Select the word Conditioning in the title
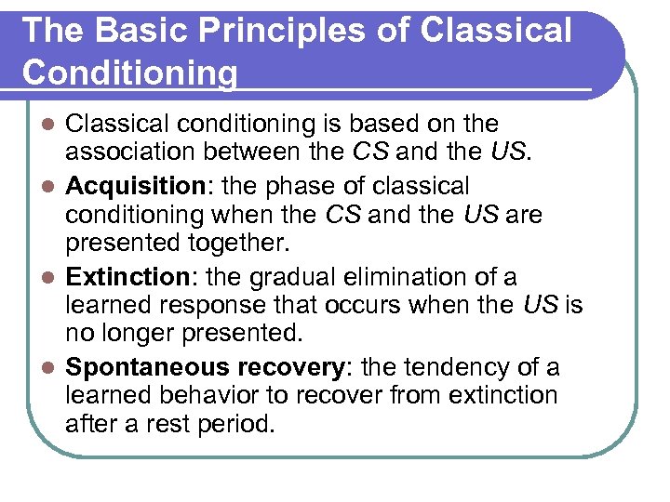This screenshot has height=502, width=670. tap(130, 72)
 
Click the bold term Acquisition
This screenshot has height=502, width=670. tap(128, 187)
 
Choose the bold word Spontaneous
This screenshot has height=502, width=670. tap(147, 368)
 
